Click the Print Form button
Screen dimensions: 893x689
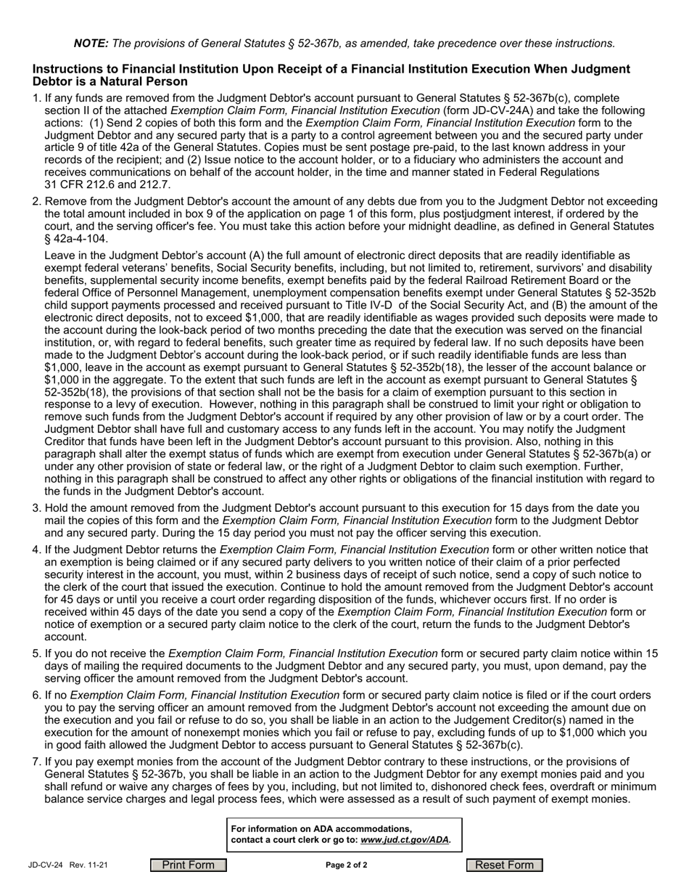[x=189, y=865]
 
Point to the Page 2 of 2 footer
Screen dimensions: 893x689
[x=347, y=865]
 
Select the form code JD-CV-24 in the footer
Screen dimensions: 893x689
[x=46, y=865]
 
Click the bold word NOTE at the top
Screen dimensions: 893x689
[x=91, y=44]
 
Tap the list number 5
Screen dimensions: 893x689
[x=36, y=653]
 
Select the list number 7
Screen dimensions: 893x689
[x=36, y=762]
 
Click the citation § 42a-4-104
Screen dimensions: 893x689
[x=76, y=239]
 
